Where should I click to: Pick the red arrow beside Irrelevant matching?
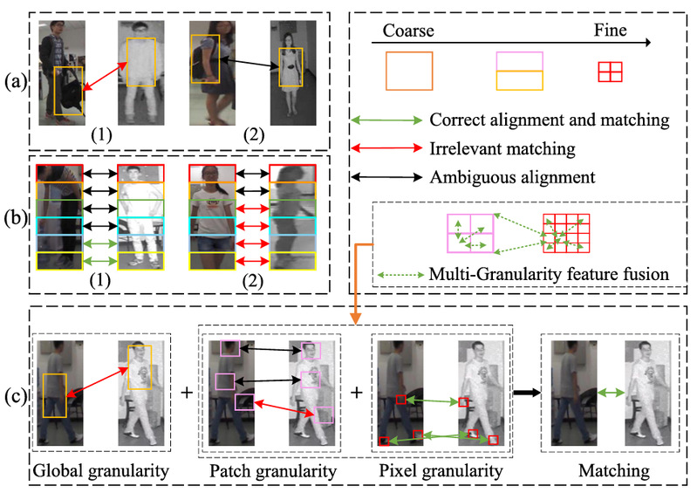[384, 148]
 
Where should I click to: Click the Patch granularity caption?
[272, 472]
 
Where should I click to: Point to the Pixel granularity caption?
[441, 472]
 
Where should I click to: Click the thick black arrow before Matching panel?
[523, 394]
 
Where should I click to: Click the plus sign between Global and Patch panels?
[186, 392]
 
